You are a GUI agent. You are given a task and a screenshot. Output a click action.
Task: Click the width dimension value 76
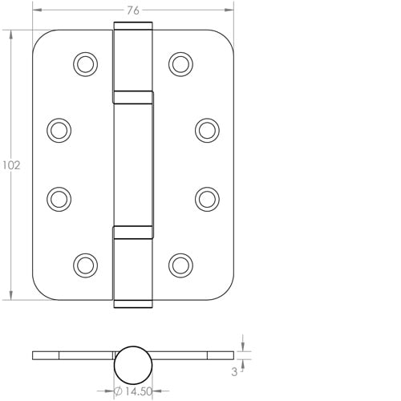coord(133,10)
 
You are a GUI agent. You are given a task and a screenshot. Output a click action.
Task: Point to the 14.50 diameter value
coord(134,391)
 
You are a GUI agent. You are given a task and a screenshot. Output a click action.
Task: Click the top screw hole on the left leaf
coord(84,63)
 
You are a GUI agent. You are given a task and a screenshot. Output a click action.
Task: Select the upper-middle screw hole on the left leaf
coord(59,129)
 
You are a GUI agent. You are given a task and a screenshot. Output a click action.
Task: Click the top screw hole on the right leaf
coord(181,63)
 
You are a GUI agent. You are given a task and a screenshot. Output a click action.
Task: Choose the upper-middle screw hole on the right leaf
coord(207,129)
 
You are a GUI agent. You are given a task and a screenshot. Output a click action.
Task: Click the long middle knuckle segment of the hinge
coord(133,164)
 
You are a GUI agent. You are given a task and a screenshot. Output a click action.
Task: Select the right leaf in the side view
coord(192,354)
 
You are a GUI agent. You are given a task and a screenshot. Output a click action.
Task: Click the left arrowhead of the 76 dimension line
coord(36,11)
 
